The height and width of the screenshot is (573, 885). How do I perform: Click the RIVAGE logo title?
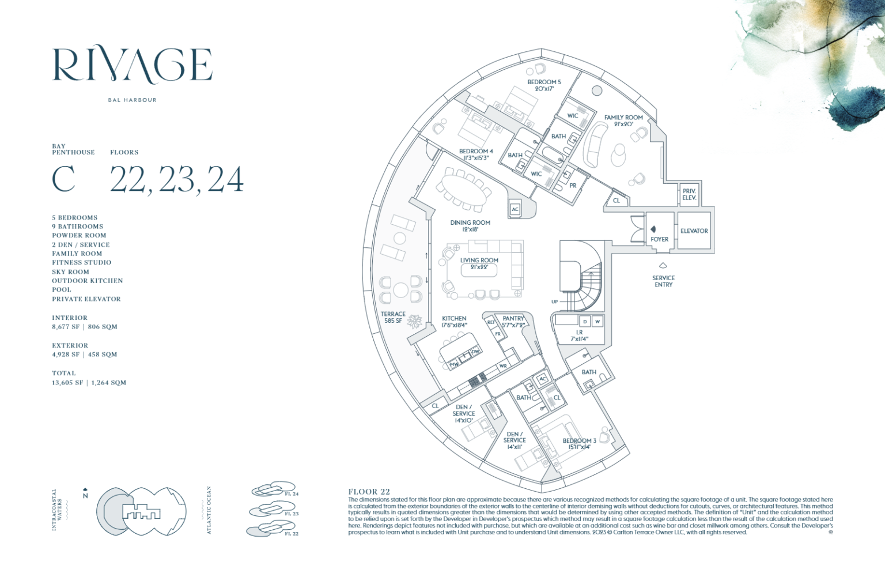coord(133,65)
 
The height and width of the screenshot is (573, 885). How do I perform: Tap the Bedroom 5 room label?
coord(544,85)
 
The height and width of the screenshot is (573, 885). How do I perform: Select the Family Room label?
coord(623,120)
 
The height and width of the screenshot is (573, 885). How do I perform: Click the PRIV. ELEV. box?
coord(689,194)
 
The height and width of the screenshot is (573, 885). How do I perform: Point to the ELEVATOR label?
coord(694,231)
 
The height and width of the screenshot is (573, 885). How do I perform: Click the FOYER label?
coord(660,239)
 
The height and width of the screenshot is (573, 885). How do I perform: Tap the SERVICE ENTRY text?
coord(663,281)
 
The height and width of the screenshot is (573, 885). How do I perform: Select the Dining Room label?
coord(470,225)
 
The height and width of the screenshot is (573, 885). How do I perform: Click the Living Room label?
coord(479,263)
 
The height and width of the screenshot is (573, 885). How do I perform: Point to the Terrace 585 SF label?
coord(393,318)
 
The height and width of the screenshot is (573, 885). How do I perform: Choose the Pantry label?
coord(513,322)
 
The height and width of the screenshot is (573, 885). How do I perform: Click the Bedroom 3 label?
coord(579,444)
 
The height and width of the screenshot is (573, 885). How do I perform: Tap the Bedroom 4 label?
coord(476,154)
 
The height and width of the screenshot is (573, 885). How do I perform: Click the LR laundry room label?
coord(579,335)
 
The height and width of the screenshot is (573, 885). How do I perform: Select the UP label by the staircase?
coord(554,301)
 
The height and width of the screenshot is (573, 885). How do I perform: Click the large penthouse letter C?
coord(63,179)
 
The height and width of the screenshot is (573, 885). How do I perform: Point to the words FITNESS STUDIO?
coord(81,262)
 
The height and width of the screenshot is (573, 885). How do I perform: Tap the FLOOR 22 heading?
coord(369,492)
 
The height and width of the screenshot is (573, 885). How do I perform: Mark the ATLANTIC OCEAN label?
coord(209,510)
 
